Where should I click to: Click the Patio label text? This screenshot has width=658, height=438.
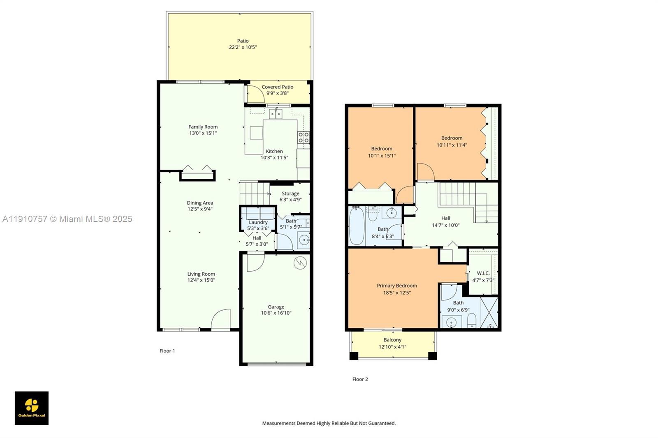[243, 41]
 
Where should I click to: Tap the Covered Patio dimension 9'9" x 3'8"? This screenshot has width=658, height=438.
[278, 93]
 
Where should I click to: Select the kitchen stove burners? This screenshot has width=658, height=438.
[304, 138]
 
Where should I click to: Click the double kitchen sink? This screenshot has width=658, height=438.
[276, 114]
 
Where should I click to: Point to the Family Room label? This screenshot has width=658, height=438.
[203, 127]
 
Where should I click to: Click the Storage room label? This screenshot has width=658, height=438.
[290, 194]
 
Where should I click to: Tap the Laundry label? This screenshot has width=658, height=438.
[258, 222]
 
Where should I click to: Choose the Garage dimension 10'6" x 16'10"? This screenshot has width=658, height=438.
[276, 313]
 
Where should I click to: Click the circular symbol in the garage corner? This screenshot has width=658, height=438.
[300, 263]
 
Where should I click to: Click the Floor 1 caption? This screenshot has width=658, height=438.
[167, 351]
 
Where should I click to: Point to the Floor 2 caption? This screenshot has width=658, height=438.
[360, 379]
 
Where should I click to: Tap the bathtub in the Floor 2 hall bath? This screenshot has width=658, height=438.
[356, 226]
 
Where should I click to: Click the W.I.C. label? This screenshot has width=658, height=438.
[483, 273]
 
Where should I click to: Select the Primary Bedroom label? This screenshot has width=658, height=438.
[397, 286]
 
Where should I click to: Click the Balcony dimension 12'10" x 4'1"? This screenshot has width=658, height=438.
[392, 347]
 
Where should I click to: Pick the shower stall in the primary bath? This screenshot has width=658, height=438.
[489, 312]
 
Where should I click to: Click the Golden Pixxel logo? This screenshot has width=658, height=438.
[32, 408]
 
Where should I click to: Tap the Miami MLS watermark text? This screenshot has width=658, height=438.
[67, 219]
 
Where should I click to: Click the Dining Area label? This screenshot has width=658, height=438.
[200, 203]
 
